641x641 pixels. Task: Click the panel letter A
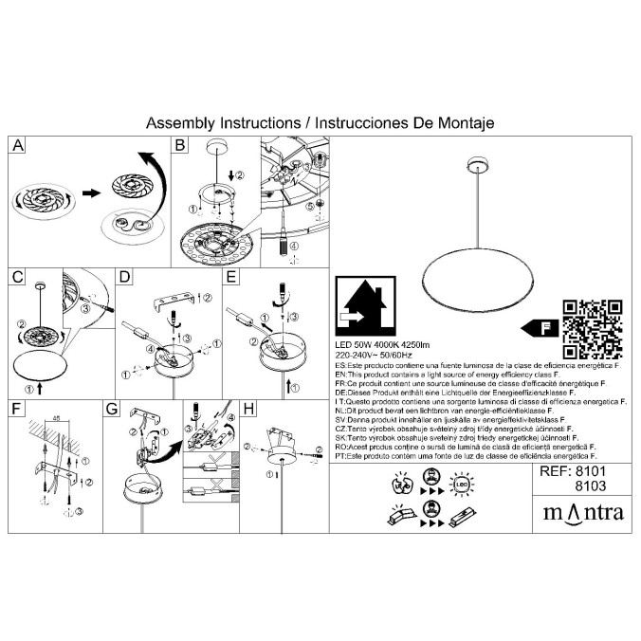pos(18,145)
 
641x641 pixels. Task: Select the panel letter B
pos(178,145)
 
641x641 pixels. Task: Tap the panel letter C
pos(18,277)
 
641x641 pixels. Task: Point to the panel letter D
pos(123,277)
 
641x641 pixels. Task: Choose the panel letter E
pos(230,277)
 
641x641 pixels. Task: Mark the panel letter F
pos(18,409)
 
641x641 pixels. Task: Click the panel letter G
pos(113,409)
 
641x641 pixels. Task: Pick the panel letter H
pos(249,409)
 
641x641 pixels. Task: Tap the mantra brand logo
pos(582,512)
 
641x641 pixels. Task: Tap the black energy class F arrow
pos(537,328)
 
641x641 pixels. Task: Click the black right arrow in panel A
pos(91,193)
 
